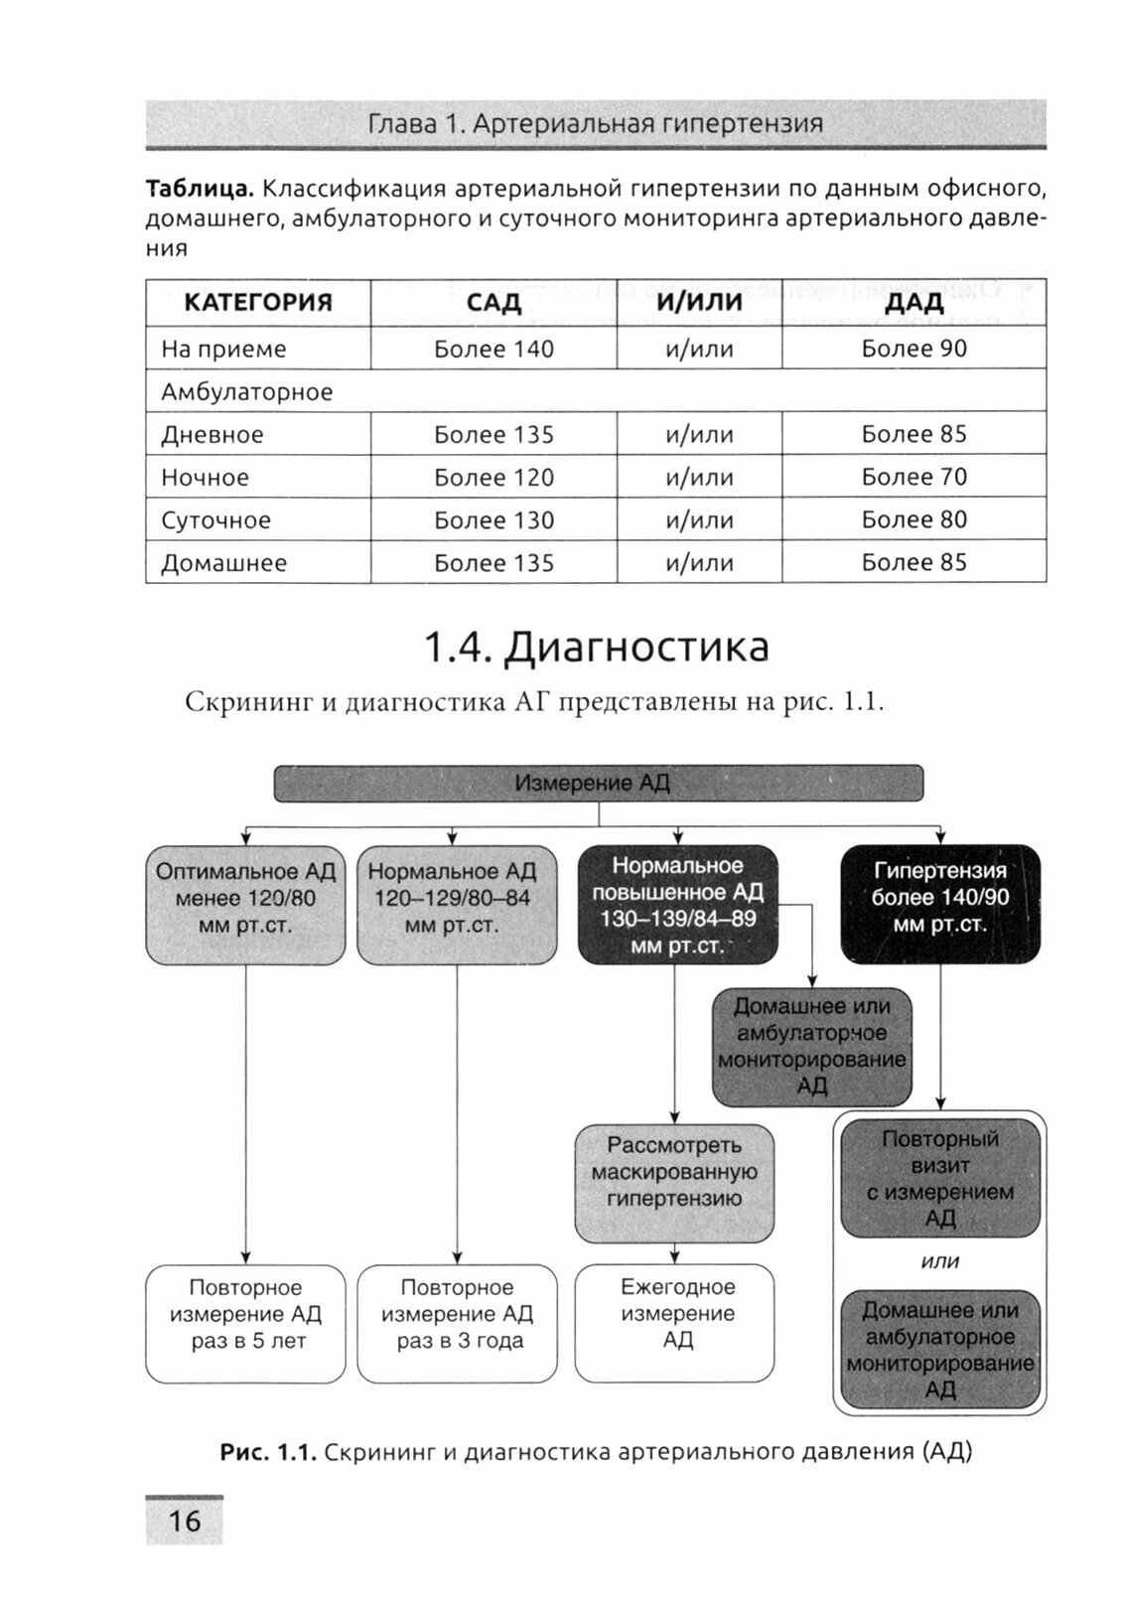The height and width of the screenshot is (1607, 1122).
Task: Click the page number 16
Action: pos(185,1521)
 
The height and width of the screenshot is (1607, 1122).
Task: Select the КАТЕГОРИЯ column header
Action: pos(258,303)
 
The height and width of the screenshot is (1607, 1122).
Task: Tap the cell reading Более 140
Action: pos(493,350)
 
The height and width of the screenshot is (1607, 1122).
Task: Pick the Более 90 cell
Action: pos(913,350)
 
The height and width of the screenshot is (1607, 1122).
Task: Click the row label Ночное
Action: pos(206,478)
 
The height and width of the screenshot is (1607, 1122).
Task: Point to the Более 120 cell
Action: pos(493,478)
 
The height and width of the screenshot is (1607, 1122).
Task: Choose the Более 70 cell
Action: pos(913,478)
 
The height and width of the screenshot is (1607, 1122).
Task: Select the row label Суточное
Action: pos(215,520)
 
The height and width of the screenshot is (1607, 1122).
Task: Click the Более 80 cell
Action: pos(913,520)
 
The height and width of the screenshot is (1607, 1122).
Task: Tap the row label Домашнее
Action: pos(223,563)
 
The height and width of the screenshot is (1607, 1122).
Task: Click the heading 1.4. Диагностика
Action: pos(596,648)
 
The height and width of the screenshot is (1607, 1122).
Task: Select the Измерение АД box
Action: pos(598,784)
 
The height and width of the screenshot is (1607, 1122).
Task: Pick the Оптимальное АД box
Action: pos(246,904)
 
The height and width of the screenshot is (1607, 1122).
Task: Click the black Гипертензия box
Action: pos(940,904)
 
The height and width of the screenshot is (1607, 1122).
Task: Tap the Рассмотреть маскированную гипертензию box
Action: pos(674,1183)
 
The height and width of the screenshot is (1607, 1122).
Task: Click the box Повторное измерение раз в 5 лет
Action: pos(246,1322)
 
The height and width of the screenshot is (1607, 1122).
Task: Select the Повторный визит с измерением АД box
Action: pos(940,1179)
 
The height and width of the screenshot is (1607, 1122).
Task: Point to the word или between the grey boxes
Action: pos(940,1262)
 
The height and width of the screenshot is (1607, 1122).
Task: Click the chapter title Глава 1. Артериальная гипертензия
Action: pos(596,124)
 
